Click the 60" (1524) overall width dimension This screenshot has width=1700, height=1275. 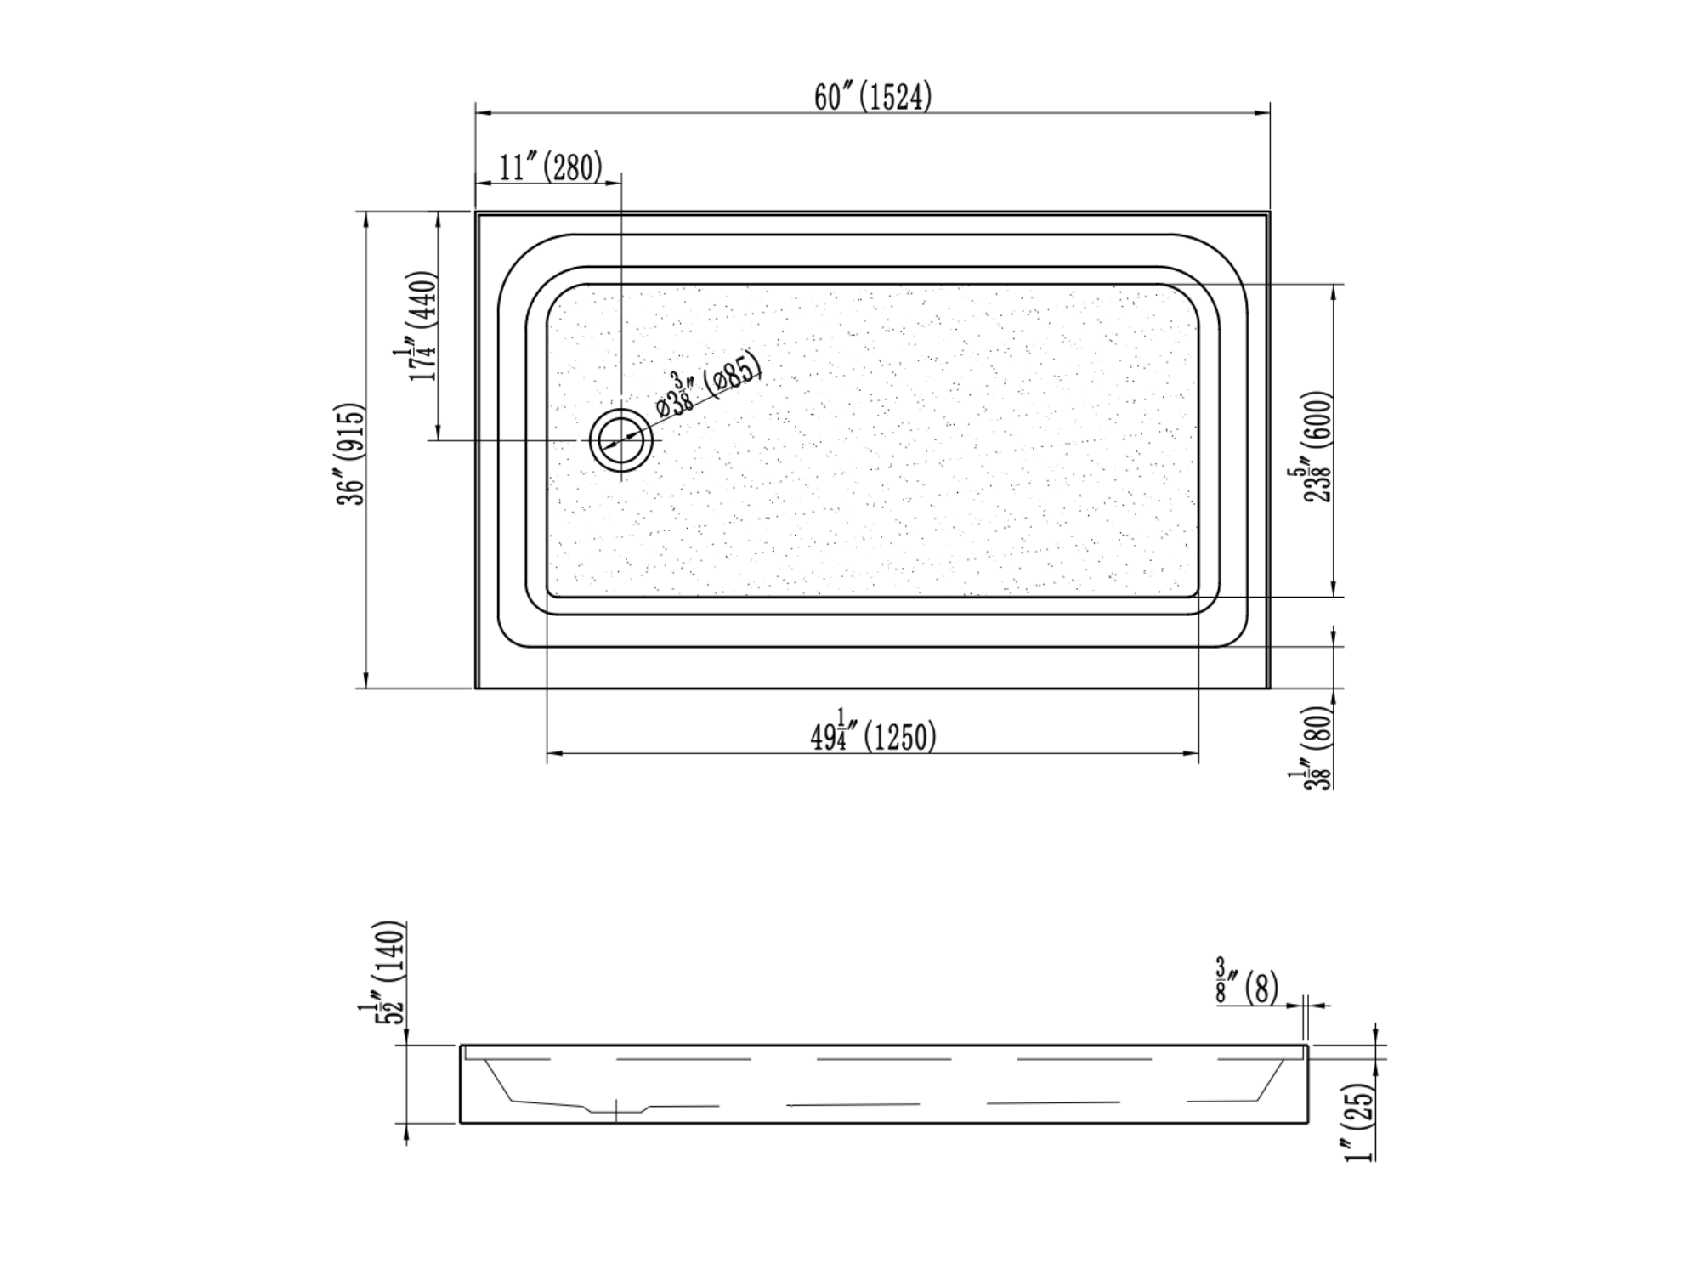click(873, 97)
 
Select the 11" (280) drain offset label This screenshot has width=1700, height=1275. click(551, 167)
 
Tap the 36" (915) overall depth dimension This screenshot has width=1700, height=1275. click(352, 453)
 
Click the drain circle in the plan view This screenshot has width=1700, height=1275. click(621, 439)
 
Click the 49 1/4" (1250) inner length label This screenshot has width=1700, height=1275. click(873, 735)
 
